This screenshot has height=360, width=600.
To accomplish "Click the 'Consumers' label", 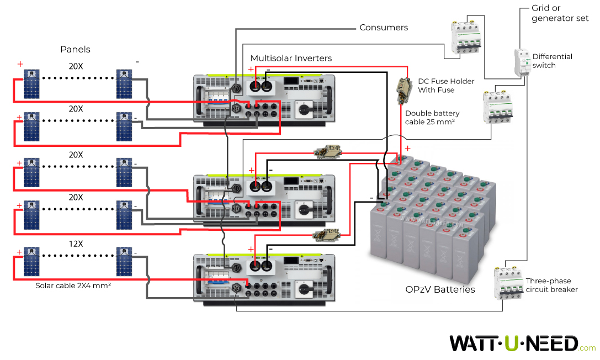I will coord(384,27).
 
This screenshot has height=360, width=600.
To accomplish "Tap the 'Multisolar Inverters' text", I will coord(291,58).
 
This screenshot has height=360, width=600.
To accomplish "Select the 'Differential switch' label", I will coord(552,61).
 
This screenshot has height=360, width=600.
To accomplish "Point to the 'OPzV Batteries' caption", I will coord(440,289).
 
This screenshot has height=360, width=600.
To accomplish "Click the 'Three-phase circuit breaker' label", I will coord(551,285).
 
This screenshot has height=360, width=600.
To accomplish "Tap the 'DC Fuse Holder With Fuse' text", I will coord(445,86).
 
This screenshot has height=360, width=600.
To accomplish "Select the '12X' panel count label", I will coord(76,243).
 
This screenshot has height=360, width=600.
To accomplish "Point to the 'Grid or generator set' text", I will coord(560,13).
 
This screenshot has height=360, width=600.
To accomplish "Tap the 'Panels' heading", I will coord(75,49).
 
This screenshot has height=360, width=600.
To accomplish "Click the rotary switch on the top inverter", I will coord(305,110).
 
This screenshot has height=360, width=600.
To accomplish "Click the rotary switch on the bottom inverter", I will coord(305,288).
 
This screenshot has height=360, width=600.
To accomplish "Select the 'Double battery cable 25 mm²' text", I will coord(432,118).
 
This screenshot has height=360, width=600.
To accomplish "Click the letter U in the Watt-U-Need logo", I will coord(511,343).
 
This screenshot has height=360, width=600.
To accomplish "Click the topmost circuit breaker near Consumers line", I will coord(464,37).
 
